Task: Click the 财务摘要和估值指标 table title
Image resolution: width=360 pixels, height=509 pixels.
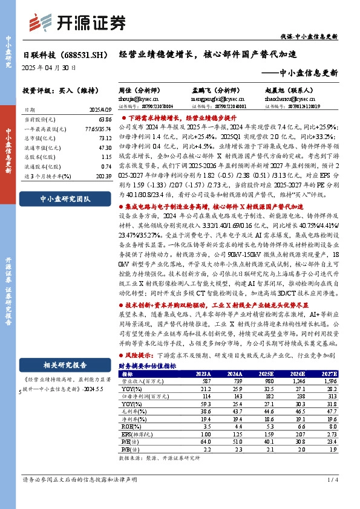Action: pos(148,366)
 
